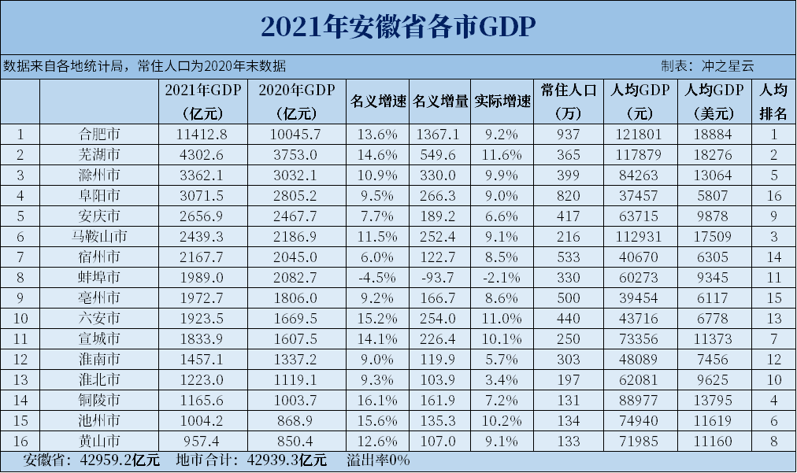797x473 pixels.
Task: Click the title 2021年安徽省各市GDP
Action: (x=398, y=27)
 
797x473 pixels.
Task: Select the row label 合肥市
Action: (x=98, y=134)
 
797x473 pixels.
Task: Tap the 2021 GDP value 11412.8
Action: (x=204, y=134)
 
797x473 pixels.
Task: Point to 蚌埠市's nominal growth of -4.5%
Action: (x=377, y=277)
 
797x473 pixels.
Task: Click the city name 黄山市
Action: (x=98, y=441)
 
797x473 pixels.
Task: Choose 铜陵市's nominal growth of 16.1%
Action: (x=377, y=400)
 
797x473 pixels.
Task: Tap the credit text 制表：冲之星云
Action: (x=706, y=66)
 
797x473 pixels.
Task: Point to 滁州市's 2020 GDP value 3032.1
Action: (x=296, y=175)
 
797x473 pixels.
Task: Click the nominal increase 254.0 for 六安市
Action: (x=439, y=318)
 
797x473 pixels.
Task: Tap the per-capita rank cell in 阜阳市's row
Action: (x=773, y=195)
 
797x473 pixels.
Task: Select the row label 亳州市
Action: (x=98, y=297)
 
